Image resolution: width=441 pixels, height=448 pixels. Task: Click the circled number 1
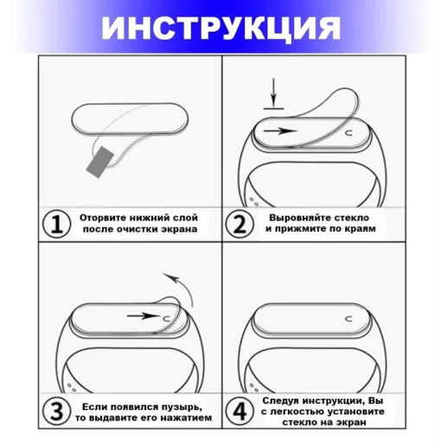56,224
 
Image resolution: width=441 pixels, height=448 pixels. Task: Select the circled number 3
56,412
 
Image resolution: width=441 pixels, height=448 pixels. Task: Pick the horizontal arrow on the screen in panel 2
282,133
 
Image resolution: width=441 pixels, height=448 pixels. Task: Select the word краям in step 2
357,230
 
